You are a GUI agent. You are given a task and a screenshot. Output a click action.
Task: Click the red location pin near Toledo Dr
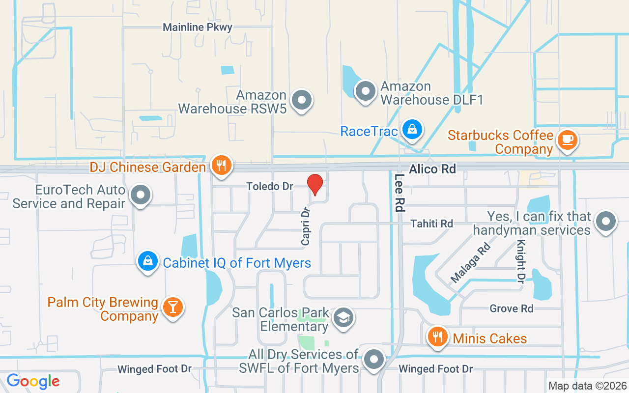[315, 185]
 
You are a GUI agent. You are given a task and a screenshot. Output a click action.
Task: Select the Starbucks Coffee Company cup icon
[568, 140]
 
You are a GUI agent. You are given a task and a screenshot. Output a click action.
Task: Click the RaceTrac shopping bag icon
[412, 130]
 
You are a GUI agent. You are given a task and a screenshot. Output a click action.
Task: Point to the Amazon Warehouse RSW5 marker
[302, 101]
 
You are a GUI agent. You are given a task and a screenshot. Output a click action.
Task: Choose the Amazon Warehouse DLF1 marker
[365, 91]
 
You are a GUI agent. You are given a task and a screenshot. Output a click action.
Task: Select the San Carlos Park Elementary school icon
[343, 318]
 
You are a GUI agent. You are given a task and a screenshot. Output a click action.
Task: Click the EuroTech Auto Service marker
[141, 196]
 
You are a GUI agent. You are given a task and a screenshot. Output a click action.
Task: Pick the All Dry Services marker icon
[374, 360]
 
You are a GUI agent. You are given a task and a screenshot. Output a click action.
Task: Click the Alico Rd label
[432, 169]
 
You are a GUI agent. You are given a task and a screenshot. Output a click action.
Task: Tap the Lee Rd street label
[399, 193]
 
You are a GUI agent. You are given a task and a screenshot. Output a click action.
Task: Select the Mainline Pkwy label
[198, 28]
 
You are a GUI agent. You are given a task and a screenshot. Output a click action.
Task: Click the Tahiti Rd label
[432, 224]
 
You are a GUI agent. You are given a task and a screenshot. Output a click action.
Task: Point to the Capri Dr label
[306, 225]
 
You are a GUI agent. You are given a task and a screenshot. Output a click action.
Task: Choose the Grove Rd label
[511, 309]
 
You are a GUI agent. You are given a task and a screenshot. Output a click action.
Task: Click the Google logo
[33, 381]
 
